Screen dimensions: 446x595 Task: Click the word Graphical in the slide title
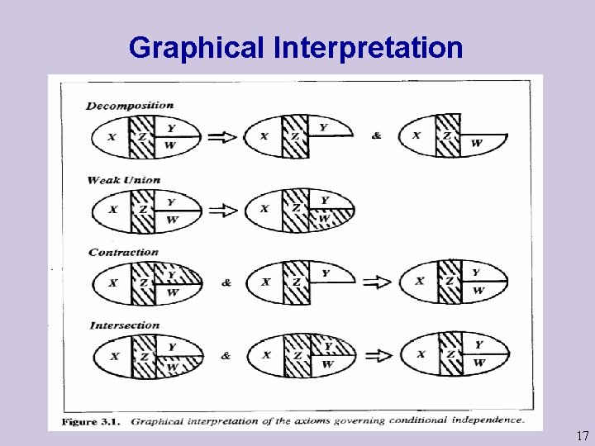[196, 48]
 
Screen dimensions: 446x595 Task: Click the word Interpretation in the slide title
[367, 48]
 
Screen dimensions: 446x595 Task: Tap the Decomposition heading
[130, 105]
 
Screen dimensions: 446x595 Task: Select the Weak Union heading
[123, 179]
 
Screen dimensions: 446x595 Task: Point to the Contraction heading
[123, 252]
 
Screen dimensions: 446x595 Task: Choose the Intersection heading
[125, 325]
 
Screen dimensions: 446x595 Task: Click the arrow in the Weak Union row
[223, 210]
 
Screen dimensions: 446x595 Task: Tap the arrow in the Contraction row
[378, 282]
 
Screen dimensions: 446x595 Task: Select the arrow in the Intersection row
[378, 355]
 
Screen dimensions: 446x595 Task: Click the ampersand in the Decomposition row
[377, 136]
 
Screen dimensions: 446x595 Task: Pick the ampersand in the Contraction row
[226, 282]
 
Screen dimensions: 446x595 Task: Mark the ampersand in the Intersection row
[226, 356]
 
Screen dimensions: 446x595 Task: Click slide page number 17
[582, 436]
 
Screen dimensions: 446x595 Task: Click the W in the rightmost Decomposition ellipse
[477, 144]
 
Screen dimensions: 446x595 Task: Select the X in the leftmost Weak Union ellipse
[112, 210]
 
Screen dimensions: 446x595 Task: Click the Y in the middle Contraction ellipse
[326, 273]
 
